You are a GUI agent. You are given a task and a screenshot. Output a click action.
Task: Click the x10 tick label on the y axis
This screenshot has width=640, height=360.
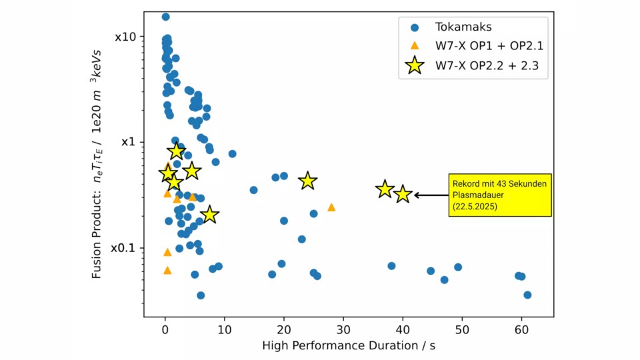coord(126,37)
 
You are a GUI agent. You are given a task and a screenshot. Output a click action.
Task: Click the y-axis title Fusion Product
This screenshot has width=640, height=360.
coord(97,163)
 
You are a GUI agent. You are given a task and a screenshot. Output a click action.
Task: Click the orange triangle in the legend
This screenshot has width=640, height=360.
coord(415,46)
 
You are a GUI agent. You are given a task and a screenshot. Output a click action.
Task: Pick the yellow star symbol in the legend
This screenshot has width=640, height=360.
coord(415,65)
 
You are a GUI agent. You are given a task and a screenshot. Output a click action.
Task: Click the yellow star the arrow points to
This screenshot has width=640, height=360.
coord(402,195)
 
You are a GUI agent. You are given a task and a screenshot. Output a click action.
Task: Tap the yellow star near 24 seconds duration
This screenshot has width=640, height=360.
coord(307,181)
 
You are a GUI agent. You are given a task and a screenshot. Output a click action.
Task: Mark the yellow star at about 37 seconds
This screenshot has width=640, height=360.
coord(385,189)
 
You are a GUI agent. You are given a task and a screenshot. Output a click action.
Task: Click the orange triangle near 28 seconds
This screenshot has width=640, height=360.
coord(331,207)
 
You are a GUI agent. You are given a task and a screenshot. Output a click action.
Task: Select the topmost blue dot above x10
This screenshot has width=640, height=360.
coord(165,17)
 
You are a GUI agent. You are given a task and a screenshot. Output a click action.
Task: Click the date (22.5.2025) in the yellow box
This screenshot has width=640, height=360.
coord(475,207)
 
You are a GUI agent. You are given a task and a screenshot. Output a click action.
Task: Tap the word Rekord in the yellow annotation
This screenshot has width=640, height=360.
coord(464,184)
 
